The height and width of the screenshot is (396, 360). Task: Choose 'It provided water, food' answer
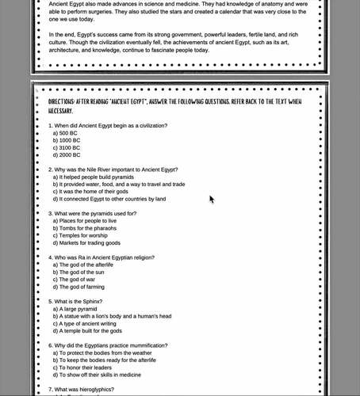click(x=118, y=185)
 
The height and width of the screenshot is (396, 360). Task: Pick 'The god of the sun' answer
click(x=86, y=272)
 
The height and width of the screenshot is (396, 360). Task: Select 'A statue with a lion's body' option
click(x=112, y=316)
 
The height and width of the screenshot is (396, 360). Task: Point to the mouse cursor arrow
click(x=212, y=199)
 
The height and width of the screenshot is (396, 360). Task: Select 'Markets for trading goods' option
click(x=90, y=242)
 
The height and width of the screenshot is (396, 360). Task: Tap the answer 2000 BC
click(x=67, y=155)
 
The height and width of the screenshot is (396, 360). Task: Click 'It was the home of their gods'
click(x=98, y=192)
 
